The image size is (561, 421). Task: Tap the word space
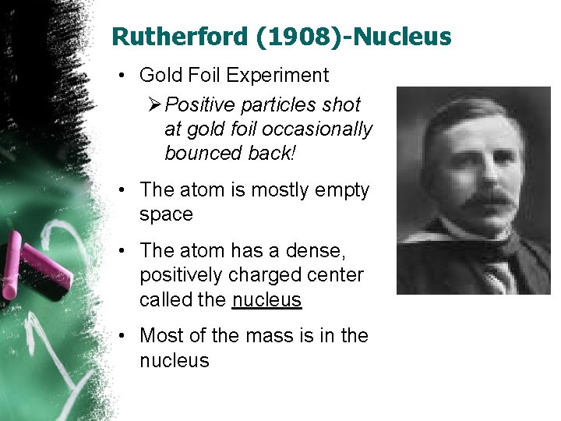click(166, 214)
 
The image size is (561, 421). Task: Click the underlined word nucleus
click(266, 300)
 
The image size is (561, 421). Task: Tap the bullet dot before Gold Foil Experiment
click(123, 76)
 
